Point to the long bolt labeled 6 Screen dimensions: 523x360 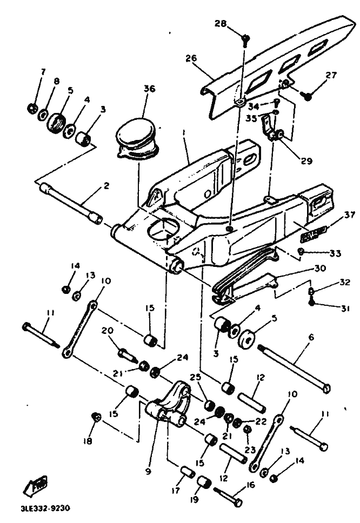click(x=295, y=368)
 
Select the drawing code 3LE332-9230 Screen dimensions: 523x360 click(x=45, y=509)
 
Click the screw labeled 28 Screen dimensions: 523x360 click(x=246, y=38)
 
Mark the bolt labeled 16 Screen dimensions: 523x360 click(x=228, y=495)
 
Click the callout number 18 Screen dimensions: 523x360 click(x=88, y=440)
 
